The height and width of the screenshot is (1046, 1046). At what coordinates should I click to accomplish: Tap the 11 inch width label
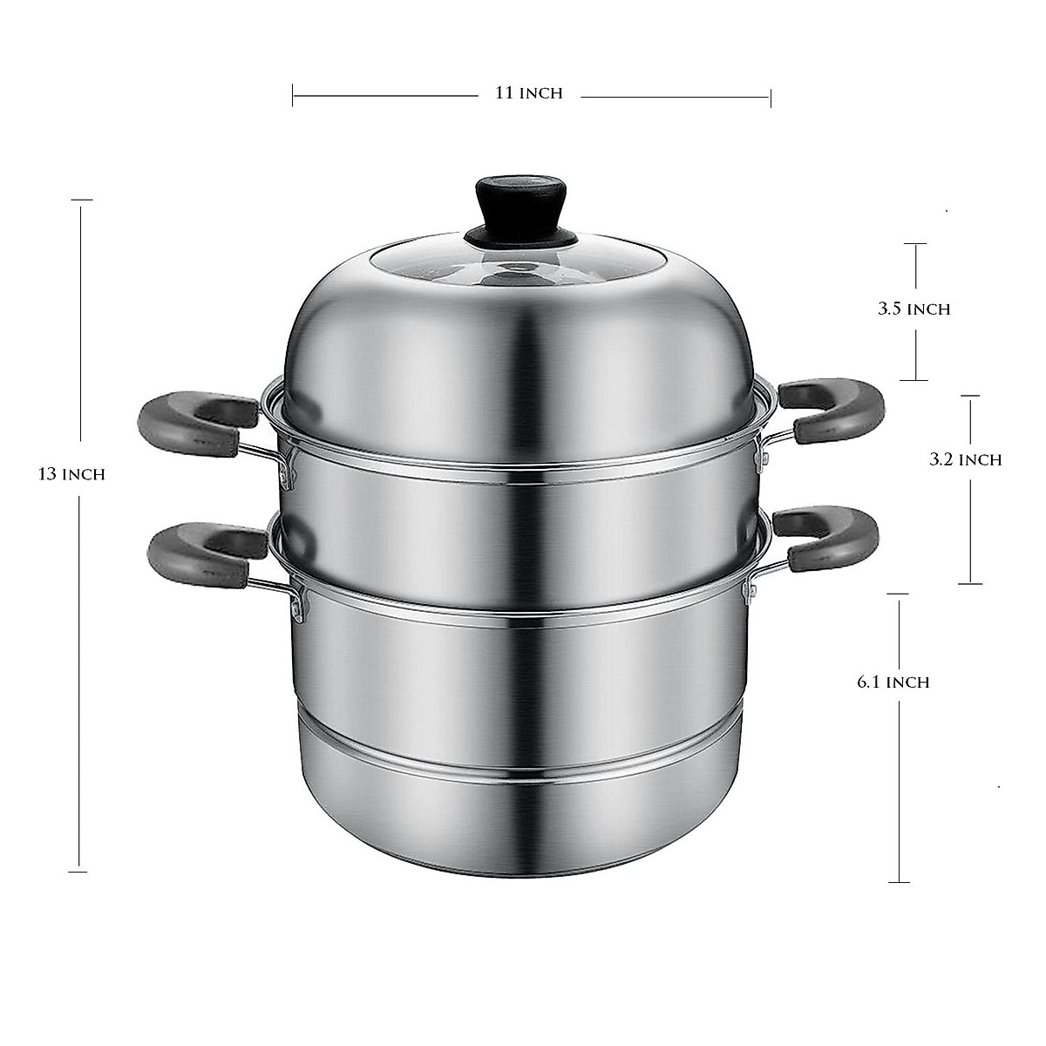point(529,93)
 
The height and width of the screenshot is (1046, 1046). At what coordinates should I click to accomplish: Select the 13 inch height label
point(71,475)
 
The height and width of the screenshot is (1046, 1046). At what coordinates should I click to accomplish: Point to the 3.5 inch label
point(913,309)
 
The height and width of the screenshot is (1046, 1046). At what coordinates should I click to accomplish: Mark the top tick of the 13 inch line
point(81,200)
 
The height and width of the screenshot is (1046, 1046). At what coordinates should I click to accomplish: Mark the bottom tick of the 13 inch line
point(78,871)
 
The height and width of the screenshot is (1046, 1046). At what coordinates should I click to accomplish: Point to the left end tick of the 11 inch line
point(293,94)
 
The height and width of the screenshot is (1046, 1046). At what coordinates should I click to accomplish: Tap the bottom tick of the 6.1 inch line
point(899,882)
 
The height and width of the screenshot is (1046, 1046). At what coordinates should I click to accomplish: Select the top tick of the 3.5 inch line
point(914,243)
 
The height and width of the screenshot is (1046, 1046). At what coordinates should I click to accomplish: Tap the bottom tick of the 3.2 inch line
point(970,583)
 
